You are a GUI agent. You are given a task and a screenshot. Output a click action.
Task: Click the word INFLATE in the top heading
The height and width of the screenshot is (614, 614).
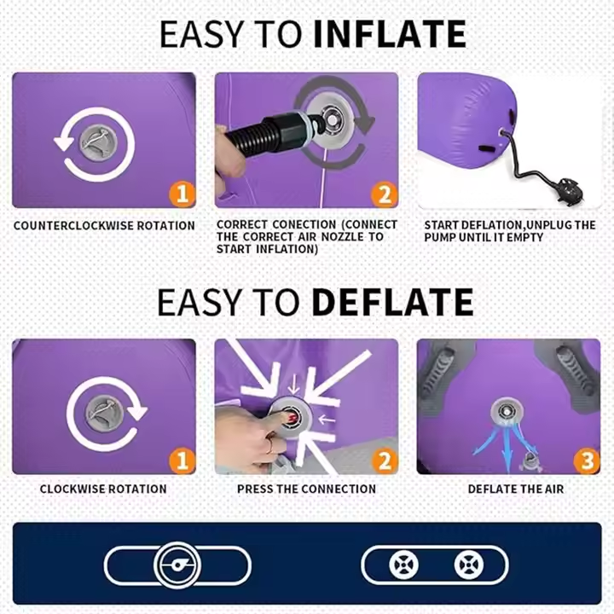(x=390, y=34)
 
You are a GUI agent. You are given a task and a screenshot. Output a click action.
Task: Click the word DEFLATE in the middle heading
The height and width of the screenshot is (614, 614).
(x=392, y=302)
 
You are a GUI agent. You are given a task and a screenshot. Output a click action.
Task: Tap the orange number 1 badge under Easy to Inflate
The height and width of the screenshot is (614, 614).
(x=182, y=194)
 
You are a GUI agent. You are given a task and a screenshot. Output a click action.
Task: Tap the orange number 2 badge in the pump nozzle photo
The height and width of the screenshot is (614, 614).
(x=384, y=194)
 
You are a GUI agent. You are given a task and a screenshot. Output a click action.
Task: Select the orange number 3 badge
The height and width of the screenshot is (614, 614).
(x=587, y=461)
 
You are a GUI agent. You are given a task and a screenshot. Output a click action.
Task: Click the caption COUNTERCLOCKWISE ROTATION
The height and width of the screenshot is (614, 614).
(x=104, y=225)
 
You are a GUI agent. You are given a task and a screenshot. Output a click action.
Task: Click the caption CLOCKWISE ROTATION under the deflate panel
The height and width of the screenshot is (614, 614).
(x=103, y=489)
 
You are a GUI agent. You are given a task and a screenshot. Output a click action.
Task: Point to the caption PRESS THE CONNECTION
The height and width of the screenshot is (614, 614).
(x=307, y=489)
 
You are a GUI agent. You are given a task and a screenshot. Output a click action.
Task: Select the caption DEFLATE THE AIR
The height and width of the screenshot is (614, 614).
(x=516, y=489)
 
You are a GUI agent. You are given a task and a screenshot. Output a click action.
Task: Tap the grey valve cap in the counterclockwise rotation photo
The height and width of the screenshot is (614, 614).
(x=99, y=142)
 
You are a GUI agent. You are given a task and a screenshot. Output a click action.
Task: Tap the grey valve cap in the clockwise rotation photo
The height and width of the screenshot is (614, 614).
(x=105, y=414)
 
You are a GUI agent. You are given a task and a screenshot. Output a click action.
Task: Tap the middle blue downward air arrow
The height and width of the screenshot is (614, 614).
(x=507, y=449)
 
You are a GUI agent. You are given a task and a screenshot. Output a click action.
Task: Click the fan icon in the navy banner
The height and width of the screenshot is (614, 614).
(x=177, y=565)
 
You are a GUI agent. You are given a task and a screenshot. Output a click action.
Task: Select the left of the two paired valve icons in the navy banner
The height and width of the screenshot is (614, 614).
(x=403, y=565)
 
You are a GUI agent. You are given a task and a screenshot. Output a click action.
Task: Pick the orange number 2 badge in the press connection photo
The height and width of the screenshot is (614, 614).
(x=384, y=461)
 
